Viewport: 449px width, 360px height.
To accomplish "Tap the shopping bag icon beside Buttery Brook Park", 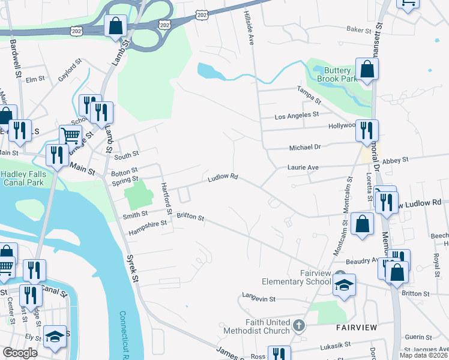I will tap(366, 70).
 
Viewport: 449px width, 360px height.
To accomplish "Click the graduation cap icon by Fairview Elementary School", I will tap(345, 286).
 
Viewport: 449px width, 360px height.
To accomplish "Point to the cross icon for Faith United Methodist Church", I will tap(299, 326).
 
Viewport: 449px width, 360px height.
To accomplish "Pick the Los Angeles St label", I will tap(296, 115).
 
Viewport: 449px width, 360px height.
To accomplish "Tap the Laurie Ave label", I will tap(302, 167).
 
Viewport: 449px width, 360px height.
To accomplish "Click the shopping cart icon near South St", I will tap(70, 137).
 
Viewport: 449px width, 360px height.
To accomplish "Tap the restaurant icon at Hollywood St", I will tap(366, 131).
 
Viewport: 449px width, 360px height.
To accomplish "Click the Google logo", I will tap(20, 352).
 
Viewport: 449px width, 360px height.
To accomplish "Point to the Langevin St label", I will tap(259, 298).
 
